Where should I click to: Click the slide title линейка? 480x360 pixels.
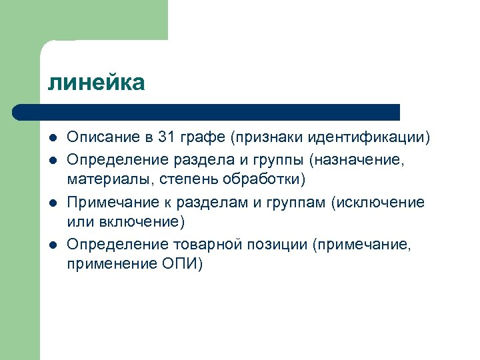pos(96,83)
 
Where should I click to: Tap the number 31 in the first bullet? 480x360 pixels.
pos(167,138)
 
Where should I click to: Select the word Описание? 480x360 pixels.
pos(101,138)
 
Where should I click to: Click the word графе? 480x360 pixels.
pos(202,138)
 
